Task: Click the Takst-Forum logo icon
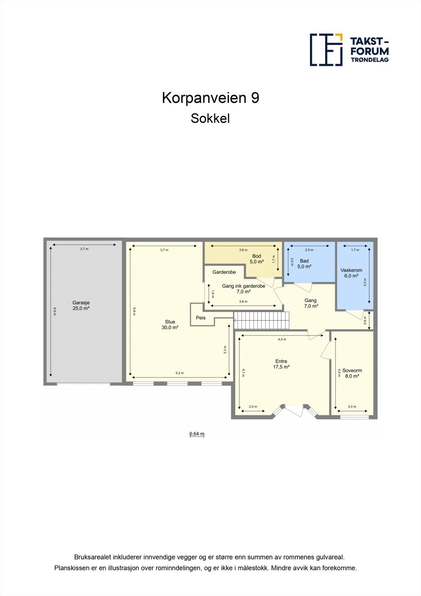click(x=326, y=50)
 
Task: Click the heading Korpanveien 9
click(x=210, y=98)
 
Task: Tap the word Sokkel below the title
click(x=210, y=118)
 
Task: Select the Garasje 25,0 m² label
click(x=81, y=305)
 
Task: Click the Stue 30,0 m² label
click(x=170, y=324)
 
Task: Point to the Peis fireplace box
click(x=201, y=318)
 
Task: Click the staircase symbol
click(x=262, y=320)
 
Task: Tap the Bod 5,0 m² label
click(x=257, y=259)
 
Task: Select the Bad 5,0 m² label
click(x=304, y=264)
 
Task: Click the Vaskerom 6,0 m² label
click(x=351, y=273)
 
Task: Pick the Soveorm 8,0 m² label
click(x=352, y=373)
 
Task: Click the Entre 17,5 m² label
click(x=281, y=364)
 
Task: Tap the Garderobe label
click(x=224, y=272)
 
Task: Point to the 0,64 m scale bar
click(x=197, y=434)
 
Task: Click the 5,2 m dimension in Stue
click(x=180, y=373)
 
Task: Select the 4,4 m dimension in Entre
click(x=282, y=339)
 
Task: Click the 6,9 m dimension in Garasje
click(x=55, y=311)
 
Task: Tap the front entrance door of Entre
click(x=294, y=411)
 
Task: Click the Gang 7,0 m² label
click(x=311, y=303)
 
